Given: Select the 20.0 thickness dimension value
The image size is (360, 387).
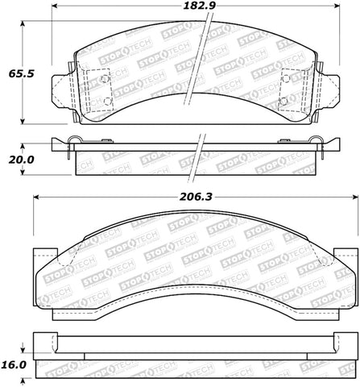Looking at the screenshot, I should click(17, 160).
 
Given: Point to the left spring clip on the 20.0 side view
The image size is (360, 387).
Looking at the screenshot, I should click(73, 143).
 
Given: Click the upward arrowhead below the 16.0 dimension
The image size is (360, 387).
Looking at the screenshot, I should click(23, 379).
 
